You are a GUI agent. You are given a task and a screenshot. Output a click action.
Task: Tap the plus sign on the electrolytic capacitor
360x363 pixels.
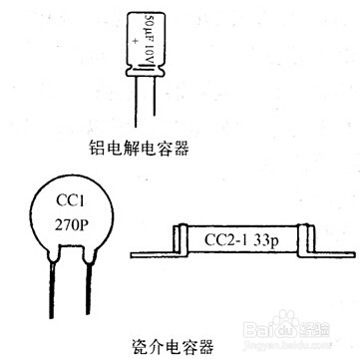tap(131, 44)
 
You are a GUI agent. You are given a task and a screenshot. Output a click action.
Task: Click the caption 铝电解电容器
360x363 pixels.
tap(139, 150)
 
